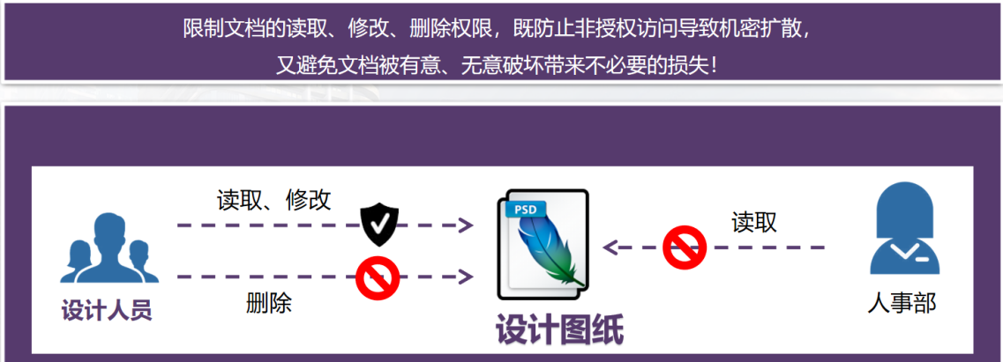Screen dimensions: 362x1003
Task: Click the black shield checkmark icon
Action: tap(380, 225)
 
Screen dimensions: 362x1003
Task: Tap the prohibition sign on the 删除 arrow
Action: tap(378, 277)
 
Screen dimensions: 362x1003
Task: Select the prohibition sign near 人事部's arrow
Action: tap(685, 247)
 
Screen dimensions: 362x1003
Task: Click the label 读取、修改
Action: tap(274, 200)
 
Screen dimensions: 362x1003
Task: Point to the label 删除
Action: tap(269, 304)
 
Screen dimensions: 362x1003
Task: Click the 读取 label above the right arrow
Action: tap(754, 222)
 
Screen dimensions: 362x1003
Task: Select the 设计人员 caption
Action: tap(107, 310)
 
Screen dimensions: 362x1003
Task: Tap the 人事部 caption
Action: tap(902, 304)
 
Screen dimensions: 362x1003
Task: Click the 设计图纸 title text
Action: tap(559, 330)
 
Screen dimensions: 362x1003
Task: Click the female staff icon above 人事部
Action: tap(903, 233)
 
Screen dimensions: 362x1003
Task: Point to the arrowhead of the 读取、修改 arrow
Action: tap(465, 225)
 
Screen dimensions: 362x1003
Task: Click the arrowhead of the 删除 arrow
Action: tap(465, 277)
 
